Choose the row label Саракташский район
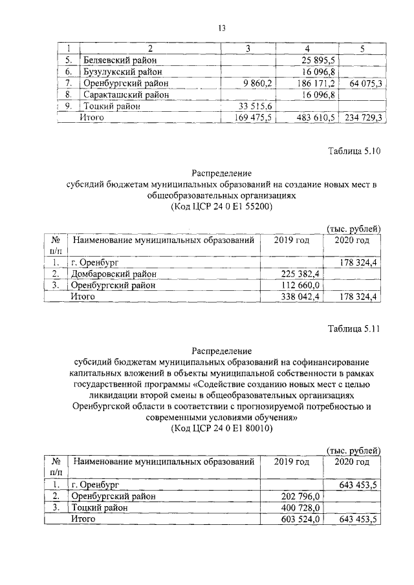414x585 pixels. click(x=127, y=95)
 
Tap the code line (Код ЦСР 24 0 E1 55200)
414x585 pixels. click(x=222, y=207)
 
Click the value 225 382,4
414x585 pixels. click(x=299, y=273)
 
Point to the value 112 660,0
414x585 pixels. click(x=300, y=285)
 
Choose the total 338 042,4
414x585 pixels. click(x=299, y=297)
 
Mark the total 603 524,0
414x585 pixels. click(x=300, y=520)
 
